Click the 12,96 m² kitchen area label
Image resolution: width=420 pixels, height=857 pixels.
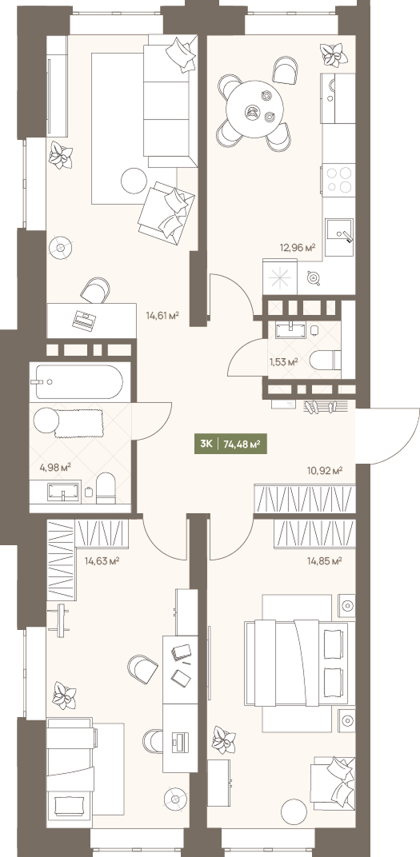[298, 248]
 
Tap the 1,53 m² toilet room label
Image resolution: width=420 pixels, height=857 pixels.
[282, 361]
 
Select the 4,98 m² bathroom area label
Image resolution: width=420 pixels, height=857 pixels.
[55, 467]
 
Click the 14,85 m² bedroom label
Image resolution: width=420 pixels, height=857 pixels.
[324, 560]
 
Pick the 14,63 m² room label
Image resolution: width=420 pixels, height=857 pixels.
[102, 560]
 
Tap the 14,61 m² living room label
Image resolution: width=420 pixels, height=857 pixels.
[162, 315]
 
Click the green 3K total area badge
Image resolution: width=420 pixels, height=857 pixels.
[230, 444]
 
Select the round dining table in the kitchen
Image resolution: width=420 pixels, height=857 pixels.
[255, 110]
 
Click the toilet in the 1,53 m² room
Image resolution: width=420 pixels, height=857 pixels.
[325, 361]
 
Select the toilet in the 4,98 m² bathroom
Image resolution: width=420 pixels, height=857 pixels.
[106, 488]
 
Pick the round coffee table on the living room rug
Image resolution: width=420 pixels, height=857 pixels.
[134, 181]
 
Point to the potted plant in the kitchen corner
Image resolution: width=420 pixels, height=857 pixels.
[331, 54]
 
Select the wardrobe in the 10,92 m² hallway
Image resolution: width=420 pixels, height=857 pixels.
[305, 499]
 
